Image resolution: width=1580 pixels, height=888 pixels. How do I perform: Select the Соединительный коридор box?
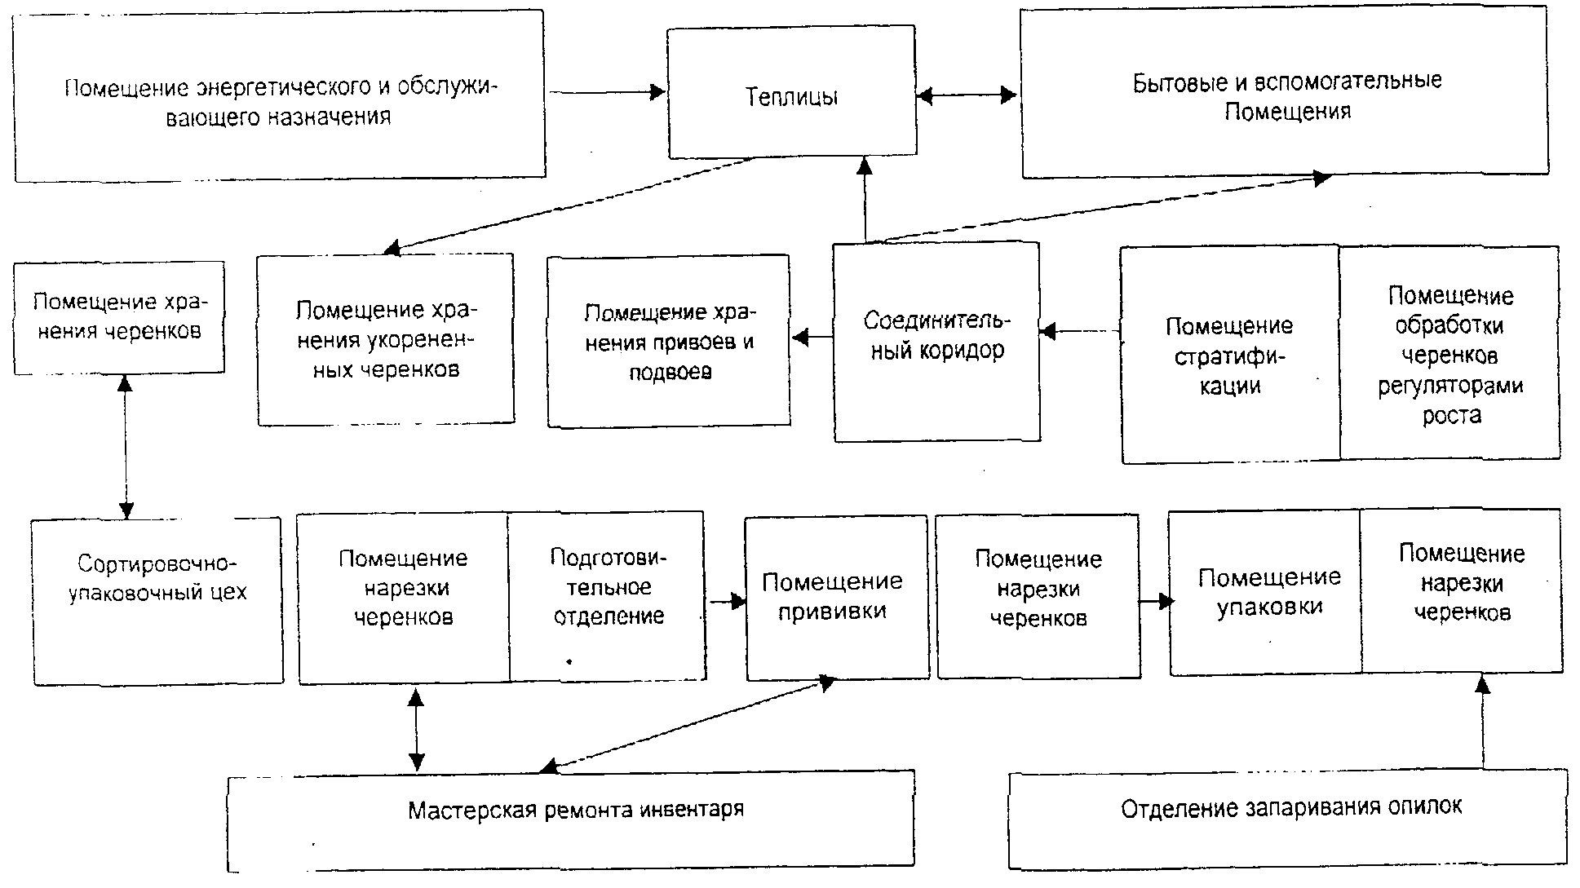pos(936,341)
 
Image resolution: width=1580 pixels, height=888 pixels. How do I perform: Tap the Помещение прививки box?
pos(836,597)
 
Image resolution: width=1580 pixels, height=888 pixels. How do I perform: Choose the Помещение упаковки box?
pos(1266,593)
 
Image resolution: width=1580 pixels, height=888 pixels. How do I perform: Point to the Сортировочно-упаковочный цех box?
pos(157,600)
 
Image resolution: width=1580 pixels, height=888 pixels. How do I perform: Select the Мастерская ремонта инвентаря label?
pos(576,810)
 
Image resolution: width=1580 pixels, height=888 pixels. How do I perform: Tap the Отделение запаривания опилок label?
pos(1291,807)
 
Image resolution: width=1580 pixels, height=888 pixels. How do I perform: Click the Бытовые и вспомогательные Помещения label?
pos(1286,96)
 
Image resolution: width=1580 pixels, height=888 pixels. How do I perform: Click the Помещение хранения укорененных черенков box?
pos(385,339)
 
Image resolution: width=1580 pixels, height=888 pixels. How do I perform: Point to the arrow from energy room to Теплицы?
pos(607,92)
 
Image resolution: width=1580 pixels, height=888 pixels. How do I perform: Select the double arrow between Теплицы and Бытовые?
pos(967,95)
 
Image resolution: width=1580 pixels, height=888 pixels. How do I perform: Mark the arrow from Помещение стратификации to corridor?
pos(1080,331)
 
